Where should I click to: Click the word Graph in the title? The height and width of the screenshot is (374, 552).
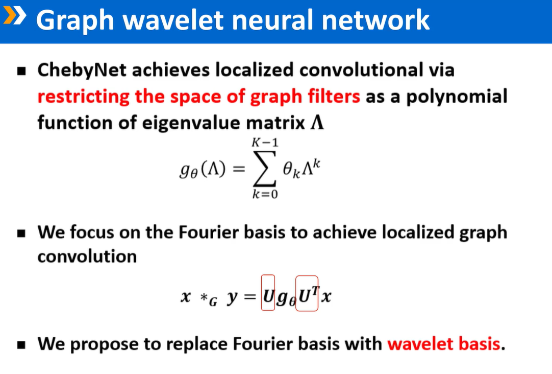point(74,20)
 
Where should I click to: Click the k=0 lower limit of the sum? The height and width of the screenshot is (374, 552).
point(265,195)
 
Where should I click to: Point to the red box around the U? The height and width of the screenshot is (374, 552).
point(268,293)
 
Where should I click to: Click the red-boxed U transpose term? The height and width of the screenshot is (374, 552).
point(307,294)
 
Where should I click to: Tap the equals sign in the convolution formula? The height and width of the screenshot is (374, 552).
point(249,297)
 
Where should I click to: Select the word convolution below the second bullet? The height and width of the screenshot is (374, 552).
point(87,256)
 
